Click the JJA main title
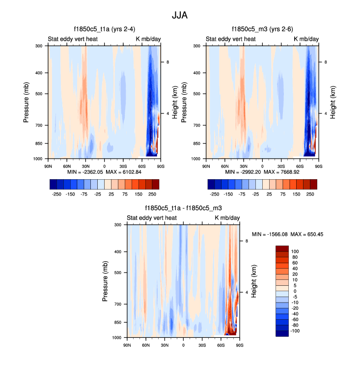180,15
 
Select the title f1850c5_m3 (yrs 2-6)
262,29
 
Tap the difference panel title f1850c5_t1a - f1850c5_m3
183,208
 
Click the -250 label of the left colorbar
56,194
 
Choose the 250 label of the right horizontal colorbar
310,194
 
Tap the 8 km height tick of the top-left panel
167,62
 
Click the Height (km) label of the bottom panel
254,281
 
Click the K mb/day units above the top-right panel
306,39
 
